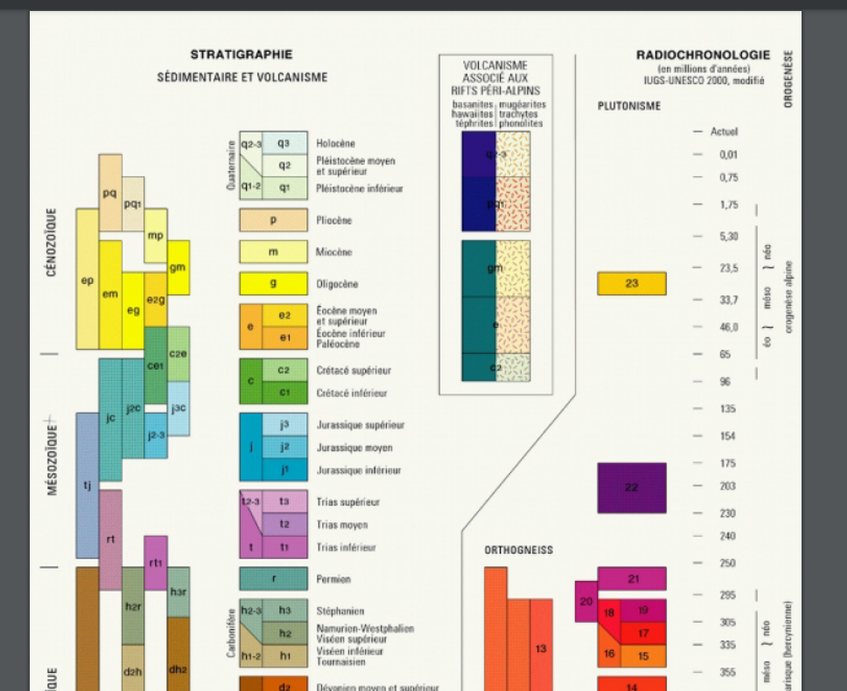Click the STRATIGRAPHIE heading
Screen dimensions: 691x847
coord(241,55)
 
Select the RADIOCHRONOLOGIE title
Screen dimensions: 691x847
coord(703,56)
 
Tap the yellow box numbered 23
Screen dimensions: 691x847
coord(632,284)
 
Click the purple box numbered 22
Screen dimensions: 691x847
coord(632,488)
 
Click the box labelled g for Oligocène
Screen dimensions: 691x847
coord(273,284)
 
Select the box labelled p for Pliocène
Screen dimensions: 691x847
coord(273,220)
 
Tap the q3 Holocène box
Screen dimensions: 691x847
coord(284,144)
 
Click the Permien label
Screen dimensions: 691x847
coord(334,580)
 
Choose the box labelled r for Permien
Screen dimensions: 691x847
coord(273,580)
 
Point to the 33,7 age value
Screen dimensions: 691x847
coord(729,300)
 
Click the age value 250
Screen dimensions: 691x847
coord(726,563)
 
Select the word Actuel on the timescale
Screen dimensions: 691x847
coord(724,132)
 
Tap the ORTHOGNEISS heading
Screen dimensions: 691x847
coord(518,551)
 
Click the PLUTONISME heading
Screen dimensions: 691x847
coord(629,106)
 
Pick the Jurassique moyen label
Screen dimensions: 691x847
coord(354,448)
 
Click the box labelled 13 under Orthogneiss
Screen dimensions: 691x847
coord(541,648)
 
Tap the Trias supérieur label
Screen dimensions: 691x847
coord(348,502)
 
